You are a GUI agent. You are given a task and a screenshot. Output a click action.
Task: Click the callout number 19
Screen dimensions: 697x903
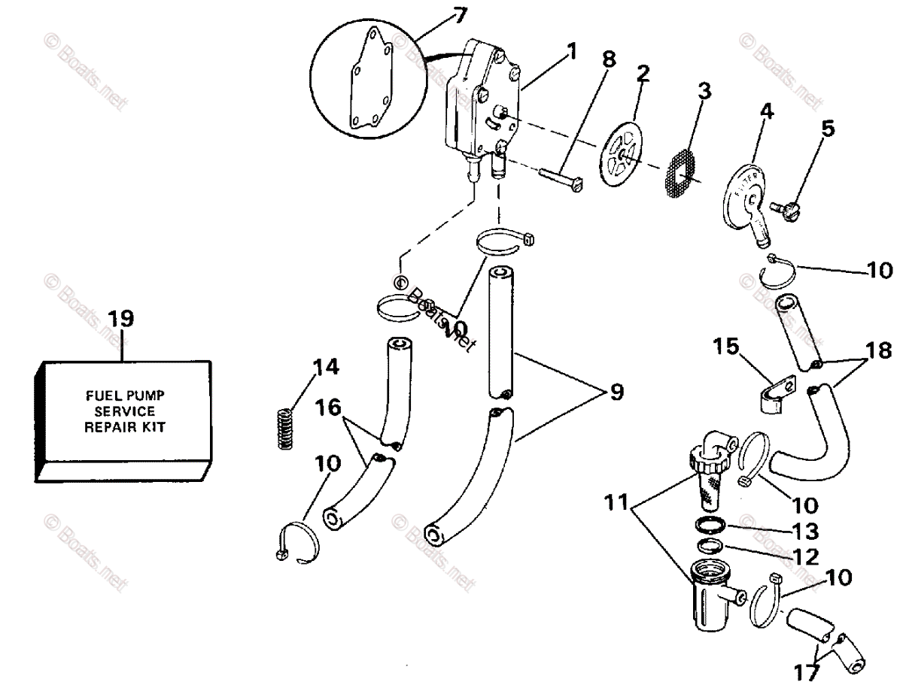click(120, 318)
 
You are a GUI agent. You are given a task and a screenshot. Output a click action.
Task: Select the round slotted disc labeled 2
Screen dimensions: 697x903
click(622, 156)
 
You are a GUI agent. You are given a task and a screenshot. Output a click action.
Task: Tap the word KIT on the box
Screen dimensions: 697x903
click(153, 426)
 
